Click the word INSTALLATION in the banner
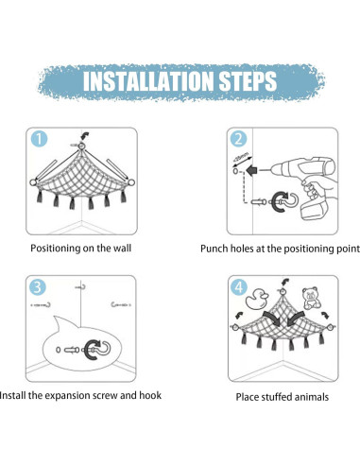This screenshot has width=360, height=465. tap(148, 80)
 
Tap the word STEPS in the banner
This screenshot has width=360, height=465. tap(248, 81)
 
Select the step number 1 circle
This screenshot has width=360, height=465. tap(39, 139)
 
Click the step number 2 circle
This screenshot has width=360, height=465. tap(238, 139)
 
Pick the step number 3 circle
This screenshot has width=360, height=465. tap(38, 287)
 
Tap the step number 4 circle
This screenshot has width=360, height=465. tap(239, 287)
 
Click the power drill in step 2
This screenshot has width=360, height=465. tap(302, 186)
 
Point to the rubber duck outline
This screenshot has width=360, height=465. tap(256, 299)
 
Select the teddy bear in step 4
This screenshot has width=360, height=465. tap(311, 298)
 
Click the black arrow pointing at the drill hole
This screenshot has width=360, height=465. tap(251, 171)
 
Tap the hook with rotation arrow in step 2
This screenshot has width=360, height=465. tap(284, 202)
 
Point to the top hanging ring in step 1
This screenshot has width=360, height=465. tap(81, 146)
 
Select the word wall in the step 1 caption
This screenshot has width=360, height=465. tap(122, 249)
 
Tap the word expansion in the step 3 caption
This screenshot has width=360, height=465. tap(68, 396)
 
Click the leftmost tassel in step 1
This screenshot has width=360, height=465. tap(40, 197)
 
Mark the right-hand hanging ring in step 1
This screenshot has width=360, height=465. tap(131, 182)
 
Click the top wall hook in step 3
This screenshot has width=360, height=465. tap(82, 287)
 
